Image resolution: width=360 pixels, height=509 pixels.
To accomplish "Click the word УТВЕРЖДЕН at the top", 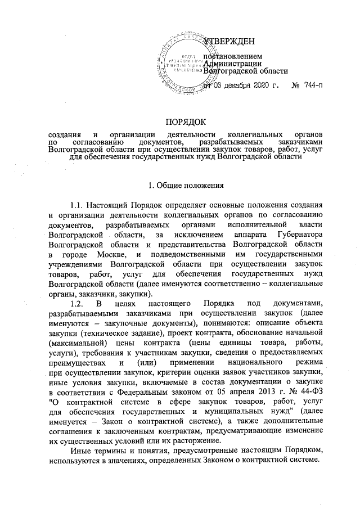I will click(229, 42).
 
